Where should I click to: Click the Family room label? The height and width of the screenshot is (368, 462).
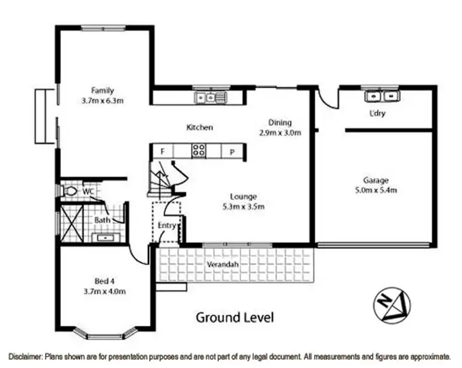click(x=103, y=90)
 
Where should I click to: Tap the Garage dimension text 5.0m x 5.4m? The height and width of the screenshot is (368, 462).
click(x=375, y=190)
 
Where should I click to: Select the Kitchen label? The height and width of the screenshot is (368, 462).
click(x=200, y=128)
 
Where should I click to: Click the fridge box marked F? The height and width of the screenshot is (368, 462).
click(x=163, y=150)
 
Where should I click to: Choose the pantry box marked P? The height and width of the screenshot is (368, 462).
click(x=233, y=150)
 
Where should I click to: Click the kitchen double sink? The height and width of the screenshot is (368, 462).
click(x=210, y=97)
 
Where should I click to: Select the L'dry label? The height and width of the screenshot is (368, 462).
click(x=377, y=113)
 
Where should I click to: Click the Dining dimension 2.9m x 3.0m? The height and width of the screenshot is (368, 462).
click(x=280, y=133)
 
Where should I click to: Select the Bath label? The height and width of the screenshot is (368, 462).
click(x=102, y=219)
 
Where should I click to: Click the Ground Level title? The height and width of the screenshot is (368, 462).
click(x=234, y=317)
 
